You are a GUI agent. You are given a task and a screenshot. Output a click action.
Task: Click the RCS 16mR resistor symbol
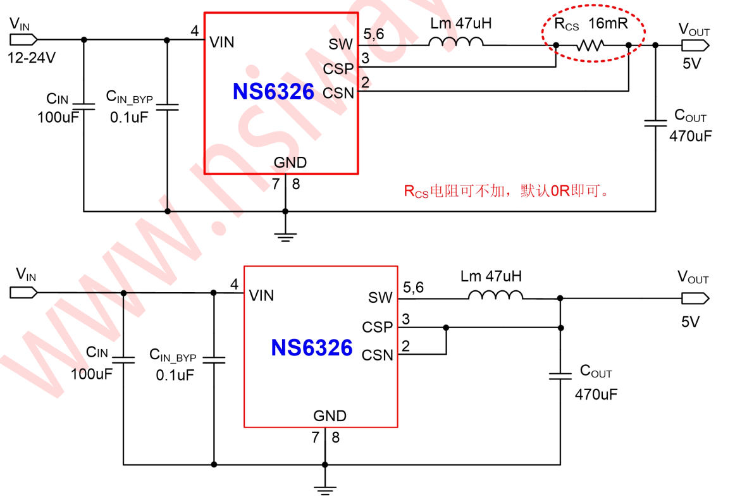tap(591, 45)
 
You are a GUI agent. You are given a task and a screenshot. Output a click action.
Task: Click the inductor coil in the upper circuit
tap(455, 42)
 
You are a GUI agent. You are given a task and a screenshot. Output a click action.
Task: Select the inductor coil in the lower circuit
tap(495, 295)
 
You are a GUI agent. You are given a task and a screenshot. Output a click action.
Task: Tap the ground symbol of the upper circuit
tap(285, 236)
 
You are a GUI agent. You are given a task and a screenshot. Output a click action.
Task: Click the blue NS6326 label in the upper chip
tap(273, 92)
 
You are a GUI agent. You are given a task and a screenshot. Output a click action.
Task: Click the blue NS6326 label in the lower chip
tap(312, 348)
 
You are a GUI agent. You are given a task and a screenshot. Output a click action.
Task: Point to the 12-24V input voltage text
tap(31, 58)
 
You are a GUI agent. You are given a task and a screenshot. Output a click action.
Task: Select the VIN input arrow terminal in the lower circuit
tap(23, 292)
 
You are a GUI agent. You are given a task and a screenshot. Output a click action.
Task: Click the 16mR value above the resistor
tap(607, 25)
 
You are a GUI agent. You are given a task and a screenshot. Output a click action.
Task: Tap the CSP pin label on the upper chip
tap(338, 68)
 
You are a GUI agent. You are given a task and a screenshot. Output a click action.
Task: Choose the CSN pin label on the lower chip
tap(378, 355)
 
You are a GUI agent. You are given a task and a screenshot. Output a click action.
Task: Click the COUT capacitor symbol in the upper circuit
tap(655, 121)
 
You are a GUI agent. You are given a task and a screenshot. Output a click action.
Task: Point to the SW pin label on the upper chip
tap(342, 44)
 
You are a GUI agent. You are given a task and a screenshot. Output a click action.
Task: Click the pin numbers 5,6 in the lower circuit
tap(413, 288)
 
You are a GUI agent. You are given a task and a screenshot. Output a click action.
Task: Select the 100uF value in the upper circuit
tap(58, 118)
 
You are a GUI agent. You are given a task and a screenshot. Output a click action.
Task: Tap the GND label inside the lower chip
tap(330, 416)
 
